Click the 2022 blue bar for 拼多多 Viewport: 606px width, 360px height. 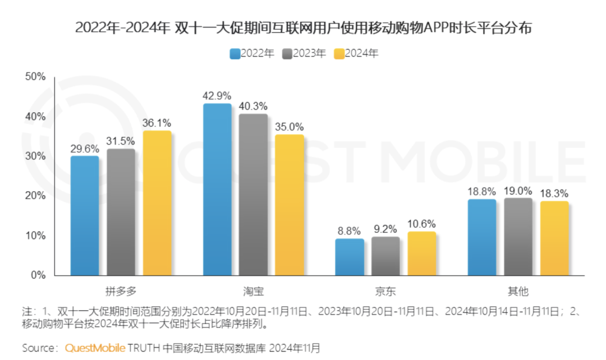point(85,216)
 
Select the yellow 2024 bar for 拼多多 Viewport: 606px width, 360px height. point(157,203)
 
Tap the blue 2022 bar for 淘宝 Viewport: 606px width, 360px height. point(217,190)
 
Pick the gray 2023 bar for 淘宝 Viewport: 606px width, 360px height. point(253,195)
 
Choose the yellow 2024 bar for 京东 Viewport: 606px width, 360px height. point(422,253)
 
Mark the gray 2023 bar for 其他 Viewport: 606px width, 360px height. point(518,237)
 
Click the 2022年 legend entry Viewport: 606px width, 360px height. point(252,54)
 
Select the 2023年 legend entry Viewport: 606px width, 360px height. point(304,54)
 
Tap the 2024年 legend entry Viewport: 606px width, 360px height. point(356,54)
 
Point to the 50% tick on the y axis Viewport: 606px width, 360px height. point(35,77)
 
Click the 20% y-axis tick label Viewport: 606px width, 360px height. point(35,196)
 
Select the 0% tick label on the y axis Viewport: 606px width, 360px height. point(38,275)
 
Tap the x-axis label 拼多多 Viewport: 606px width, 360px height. point(121,291)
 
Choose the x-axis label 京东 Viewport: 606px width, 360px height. point(385,291)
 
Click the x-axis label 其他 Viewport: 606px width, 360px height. point(518,291)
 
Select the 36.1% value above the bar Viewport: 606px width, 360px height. point(157,122)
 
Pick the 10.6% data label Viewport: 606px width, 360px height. point(422,223)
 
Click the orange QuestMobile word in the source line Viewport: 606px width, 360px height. point(95,348)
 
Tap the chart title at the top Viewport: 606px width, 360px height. point(303,27)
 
